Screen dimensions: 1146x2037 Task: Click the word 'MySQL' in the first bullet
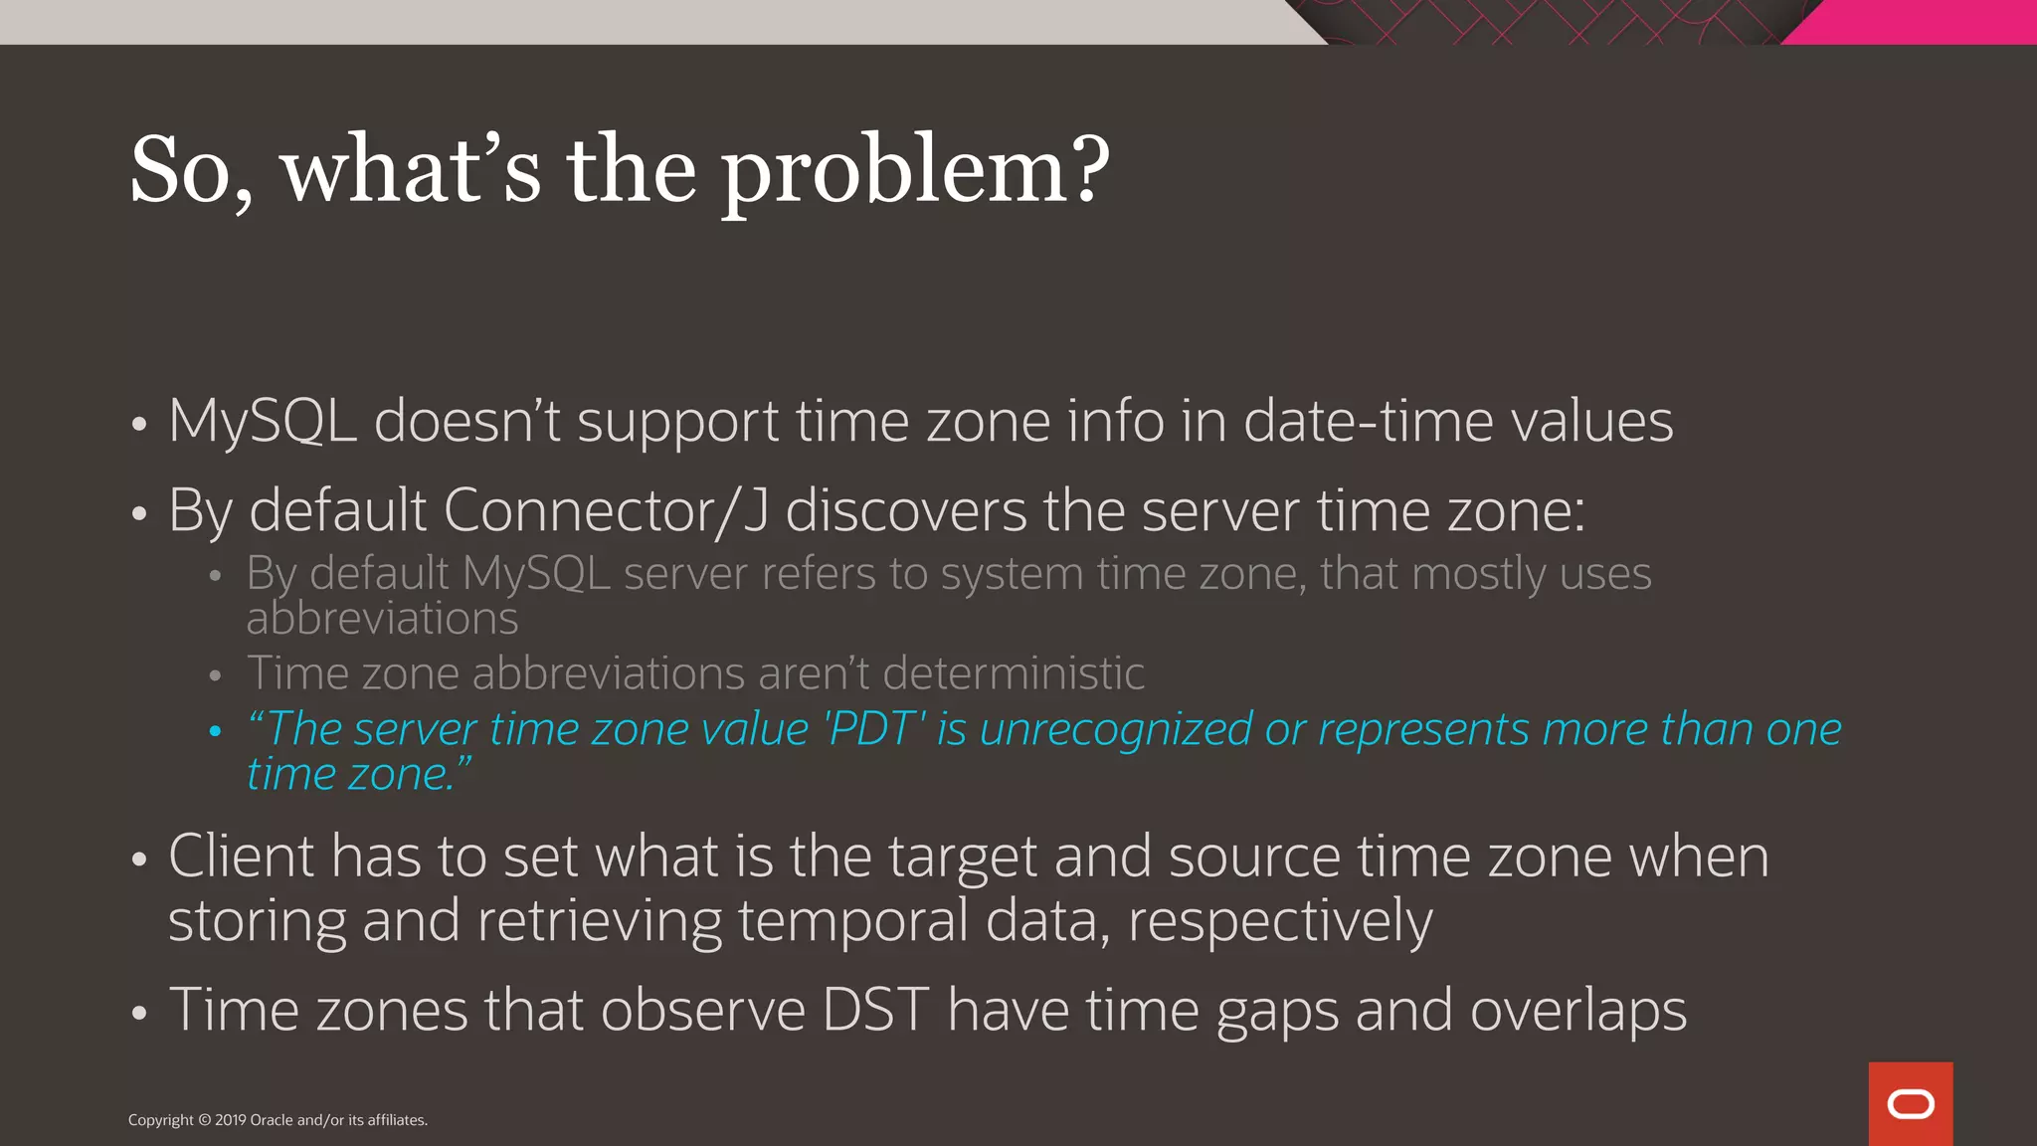pyautogui.click(x=263, y=421)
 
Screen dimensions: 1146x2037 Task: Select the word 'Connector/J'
pyautogui.click(x=606, y=511)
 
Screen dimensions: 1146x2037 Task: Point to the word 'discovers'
pyautogui.click(x=905, y=511)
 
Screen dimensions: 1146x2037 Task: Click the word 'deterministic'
pyautogui.click(x=1013, y=673)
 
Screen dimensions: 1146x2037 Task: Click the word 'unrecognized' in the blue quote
pyautogui.click(x=1115, y=729)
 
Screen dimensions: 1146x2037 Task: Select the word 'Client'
pyautogui.click(x=241, y=857)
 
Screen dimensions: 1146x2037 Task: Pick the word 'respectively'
pyautogui.click(x=1280, y=921)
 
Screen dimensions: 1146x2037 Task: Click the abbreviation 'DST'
pyautogui.click(x=875, y=1010)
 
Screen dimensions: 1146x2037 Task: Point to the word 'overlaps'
pyautogui.click(x=1577, y=1012)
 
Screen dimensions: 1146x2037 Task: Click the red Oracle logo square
pyautogui.click(x=1910, y=1103)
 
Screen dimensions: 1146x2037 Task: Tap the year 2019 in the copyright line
pyautogui.click(x=231, y=1120)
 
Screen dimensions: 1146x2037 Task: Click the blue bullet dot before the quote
pyautogui.click(x=215, y=731)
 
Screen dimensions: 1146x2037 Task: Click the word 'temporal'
pyautogui.click(x=852, y=921)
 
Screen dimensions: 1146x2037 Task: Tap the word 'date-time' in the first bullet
pyautogui.click(x=1368, y=421)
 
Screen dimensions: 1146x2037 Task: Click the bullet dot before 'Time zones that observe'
pyautogui.click(x=139, y=1014)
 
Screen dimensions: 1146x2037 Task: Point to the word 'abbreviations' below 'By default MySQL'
pyautogui.click(x=382, y=619)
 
